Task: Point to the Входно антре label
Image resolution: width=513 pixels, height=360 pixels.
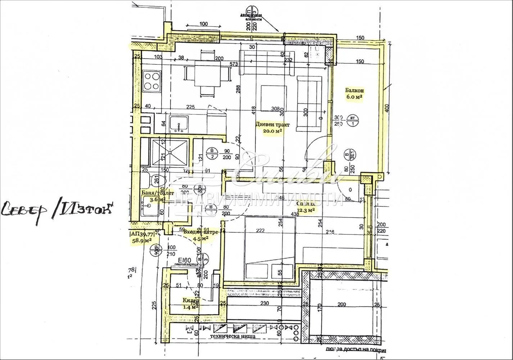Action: (x=200, y=232)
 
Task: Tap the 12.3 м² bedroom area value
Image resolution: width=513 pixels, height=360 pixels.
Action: (x=306, y=210)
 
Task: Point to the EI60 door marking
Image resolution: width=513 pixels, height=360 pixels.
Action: (x=184, y=260)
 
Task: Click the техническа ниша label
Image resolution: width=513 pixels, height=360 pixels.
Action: (x=234, y=337)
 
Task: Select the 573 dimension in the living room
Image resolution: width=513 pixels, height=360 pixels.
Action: (x=235, y=64)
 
